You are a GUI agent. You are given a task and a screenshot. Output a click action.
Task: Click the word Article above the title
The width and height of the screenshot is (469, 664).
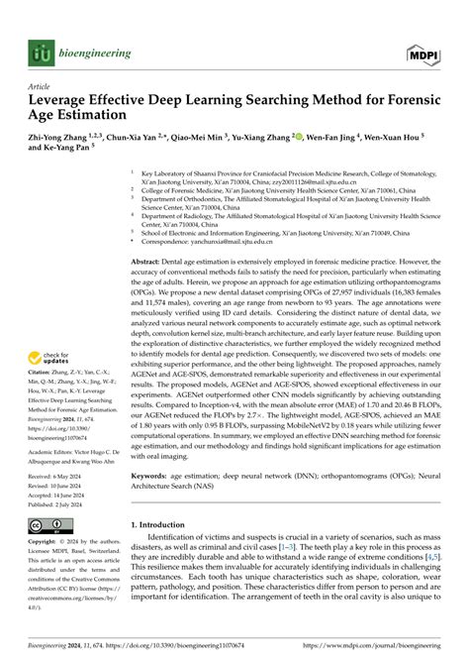click(x=39, y=87)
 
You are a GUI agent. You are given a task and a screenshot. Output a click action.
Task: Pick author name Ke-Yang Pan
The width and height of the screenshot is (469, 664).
click(x=60, y=151)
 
